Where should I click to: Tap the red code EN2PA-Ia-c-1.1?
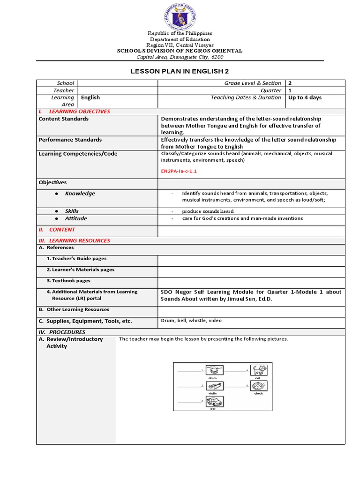(x=179, y=171)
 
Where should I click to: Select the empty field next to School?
(x=118, y=83)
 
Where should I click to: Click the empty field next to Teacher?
(x=118, y=90)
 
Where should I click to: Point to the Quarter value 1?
(x=290, y=90)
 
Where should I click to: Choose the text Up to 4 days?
(x=305, y=97)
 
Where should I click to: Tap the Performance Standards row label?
(x=70, y=140)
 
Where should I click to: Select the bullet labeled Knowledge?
(x=80, y=194)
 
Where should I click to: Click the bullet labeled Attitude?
(x=76, y=218)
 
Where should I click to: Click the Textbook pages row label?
(x=68, y=281)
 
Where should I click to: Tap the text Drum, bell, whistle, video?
(x=191, y=321)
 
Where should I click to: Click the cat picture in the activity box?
(x=259, y=370)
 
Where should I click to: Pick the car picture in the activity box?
(x=215, y=402)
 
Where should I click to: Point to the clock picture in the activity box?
(x=259, y=386)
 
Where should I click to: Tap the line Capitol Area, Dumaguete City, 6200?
(x=180, y=57)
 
